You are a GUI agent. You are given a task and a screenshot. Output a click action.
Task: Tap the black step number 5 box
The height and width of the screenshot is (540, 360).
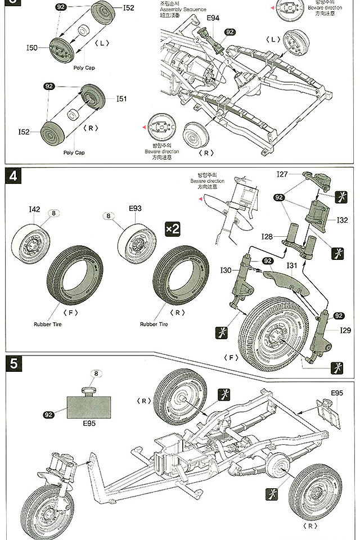tap(13, 364)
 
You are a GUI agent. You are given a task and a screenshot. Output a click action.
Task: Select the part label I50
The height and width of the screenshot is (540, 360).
tap(32, 48)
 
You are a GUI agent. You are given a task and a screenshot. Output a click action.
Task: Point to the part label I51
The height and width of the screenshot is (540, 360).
tap(121, 99)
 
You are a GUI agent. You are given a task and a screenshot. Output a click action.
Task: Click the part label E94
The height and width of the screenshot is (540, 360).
tap(213, 19)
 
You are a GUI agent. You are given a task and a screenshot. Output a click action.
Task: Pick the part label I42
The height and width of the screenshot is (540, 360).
tap(34, 209)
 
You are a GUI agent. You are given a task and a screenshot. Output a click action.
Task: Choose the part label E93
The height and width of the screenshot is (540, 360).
tap(135, 209)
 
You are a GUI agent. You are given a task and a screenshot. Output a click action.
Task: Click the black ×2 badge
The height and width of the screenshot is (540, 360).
tap(172, 229)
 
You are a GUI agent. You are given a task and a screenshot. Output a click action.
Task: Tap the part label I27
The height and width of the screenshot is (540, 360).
tap(283, 174)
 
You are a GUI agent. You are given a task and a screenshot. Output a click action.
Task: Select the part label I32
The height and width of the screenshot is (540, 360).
tap(342, 220)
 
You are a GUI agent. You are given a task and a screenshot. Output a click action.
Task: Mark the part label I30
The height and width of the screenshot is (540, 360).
tap(226, 271)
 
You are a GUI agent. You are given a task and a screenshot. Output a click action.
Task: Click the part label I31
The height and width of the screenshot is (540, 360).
tap(292, 265)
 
